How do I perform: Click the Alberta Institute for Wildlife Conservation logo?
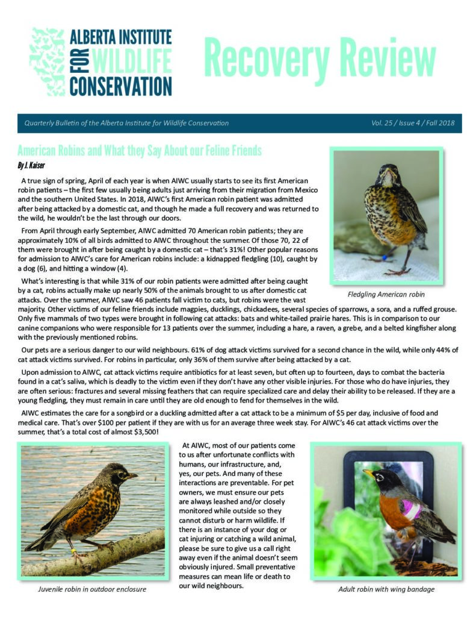(x=100, y=61)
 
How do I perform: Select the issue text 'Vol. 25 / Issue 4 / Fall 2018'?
(x=413, y=124)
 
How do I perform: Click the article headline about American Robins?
(x=139, y=149)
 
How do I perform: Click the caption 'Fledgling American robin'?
(x=386, y=295)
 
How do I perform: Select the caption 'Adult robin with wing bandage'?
(x=386, y=589)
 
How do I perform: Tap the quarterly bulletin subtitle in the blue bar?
(x=126, y=124)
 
